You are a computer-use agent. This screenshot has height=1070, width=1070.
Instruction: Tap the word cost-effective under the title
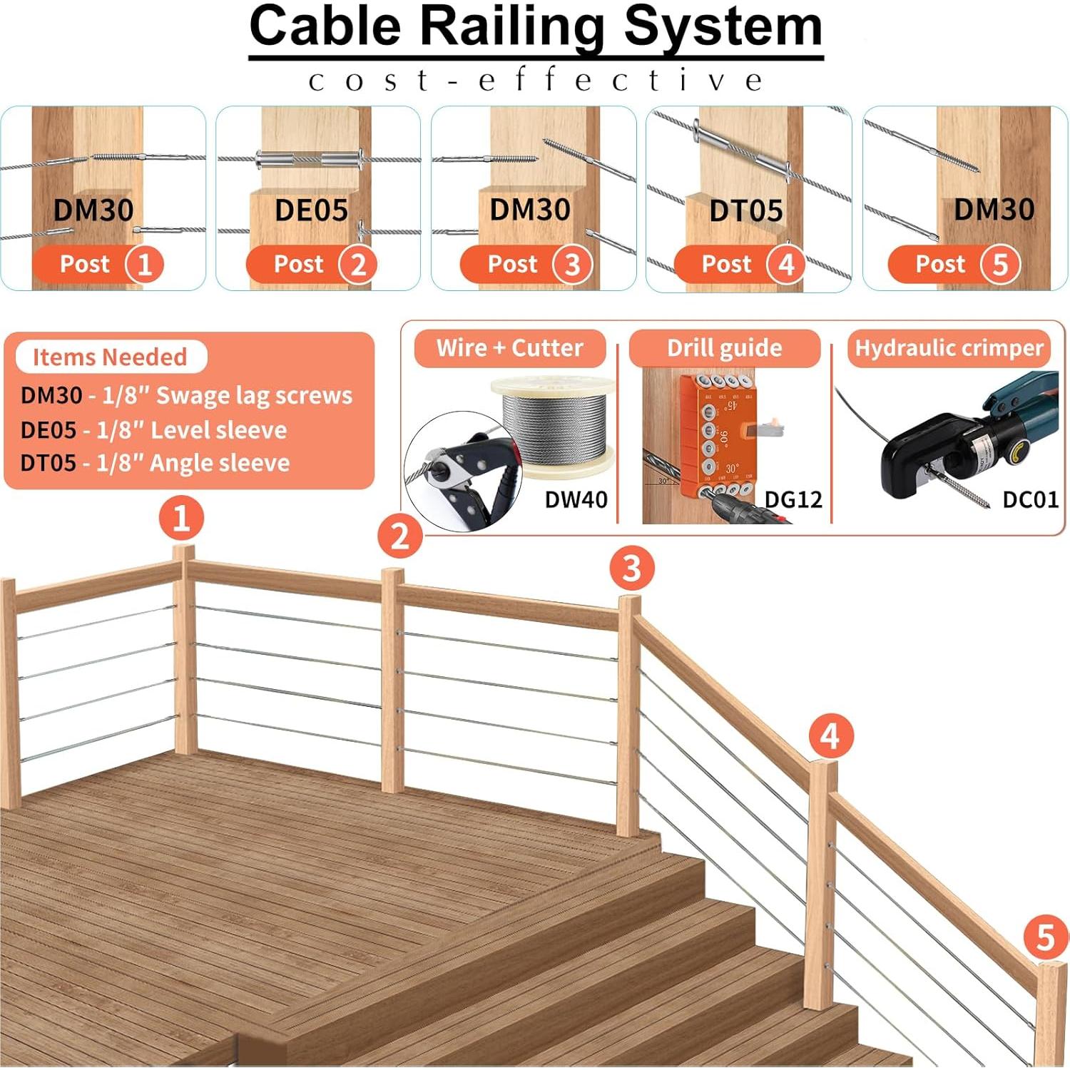tap(535, 80)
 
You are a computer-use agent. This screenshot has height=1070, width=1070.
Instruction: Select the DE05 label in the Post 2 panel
tap(311, 210)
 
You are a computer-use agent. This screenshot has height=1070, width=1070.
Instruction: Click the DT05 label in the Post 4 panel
tap(745, 211)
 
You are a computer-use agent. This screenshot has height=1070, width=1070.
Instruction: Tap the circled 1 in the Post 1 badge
tap(145, 265)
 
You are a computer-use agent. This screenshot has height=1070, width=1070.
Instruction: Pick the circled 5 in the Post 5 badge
tap(1000, 265)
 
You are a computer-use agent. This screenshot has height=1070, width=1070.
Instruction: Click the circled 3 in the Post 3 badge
tap(572, 265)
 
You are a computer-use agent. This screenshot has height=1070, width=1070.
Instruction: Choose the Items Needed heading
tap(110, 357)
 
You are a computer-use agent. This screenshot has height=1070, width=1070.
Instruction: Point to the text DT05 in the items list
tap(48, 463)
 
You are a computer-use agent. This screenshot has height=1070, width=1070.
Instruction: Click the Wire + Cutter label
tap(509, 348)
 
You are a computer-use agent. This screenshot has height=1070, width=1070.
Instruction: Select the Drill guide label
tap(724, 348)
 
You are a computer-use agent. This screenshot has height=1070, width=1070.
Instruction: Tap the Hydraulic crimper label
tap(949, 348)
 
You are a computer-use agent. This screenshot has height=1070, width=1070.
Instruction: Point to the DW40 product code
tap(576, 499)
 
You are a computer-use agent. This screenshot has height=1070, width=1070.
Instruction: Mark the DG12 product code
tap(793, 499)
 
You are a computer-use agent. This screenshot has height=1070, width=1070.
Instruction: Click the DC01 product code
tap(1029, 499)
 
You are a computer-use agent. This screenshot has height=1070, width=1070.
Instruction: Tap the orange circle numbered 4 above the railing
tap(831, 736)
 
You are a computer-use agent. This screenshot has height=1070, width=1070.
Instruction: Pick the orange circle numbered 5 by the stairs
tap(1045, 937)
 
